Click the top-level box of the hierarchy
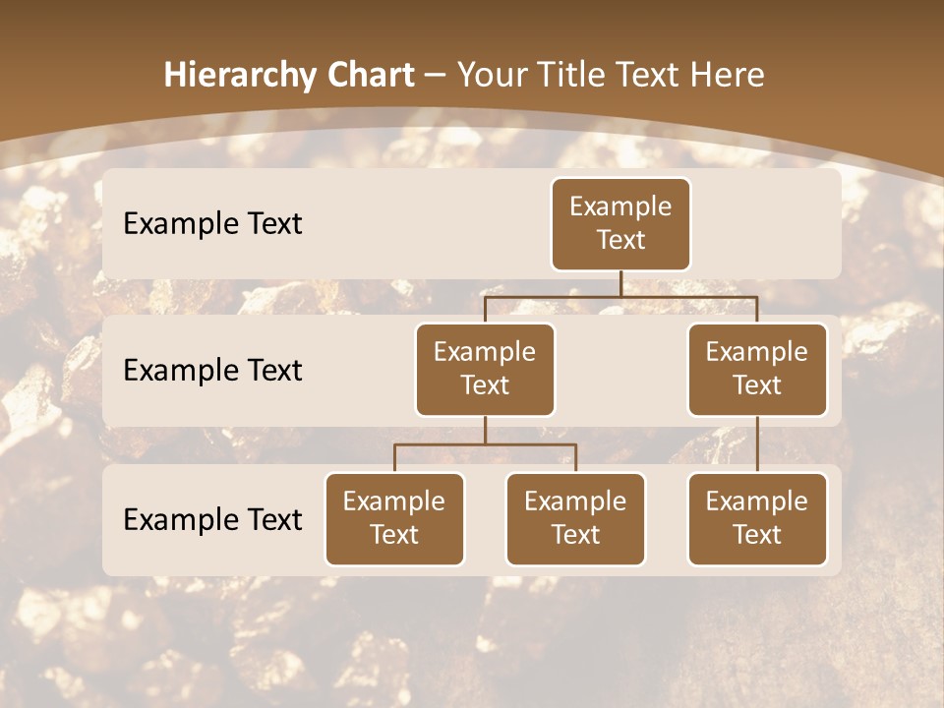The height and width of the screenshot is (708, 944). [x=620, y=224]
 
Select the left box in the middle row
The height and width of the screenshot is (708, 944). [x=485, y=370]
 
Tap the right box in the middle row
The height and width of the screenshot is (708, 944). [x=757, y=370]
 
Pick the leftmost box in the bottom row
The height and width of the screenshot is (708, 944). [x=394, y=519]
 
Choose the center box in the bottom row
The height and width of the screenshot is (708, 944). [x=575, y=519]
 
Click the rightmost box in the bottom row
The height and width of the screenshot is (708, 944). [x=757, y=519]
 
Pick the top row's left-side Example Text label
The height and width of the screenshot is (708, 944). [x=212, y=223]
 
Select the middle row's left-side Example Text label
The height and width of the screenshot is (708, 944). [x=212, y=370]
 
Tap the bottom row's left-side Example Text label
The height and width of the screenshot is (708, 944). [x=212, y=519]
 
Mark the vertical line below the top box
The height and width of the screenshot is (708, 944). [x=620, y=283]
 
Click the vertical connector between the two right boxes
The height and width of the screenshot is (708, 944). [x=757, y=444]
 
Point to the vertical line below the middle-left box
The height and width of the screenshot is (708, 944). [x=485, y=430]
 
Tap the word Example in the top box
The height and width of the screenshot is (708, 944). [x=620, y=206]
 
